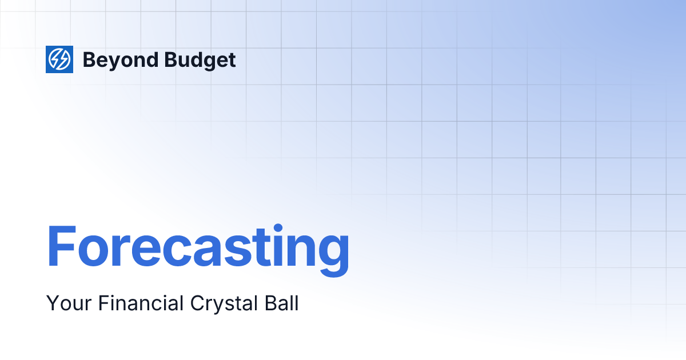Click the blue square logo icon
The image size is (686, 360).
point(59,59)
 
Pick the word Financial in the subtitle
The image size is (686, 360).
point(135,303)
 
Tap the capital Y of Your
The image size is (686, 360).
point(53,303)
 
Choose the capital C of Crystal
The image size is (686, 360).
point(190,303)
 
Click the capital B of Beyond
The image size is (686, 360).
point(89,59)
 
